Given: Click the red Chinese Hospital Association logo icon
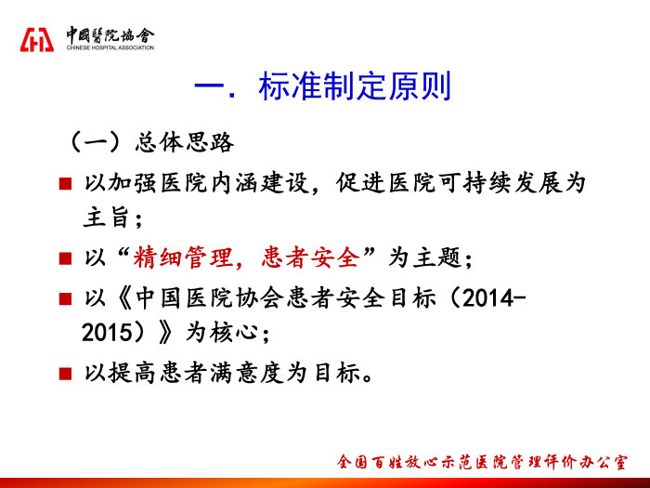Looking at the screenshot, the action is [x=37, y=40].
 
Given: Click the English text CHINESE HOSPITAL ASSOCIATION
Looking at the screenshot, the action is [x=110, y=47].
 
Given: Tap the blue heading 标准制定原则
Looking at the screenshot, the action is [x=355, y=86].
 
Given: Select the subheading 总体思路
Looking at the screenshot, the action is [x=185, y=143].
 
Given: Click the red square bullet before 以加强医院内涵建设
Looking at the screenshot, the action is [x=66, y=183].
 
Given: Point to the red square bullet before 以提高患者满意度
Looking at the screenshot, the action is [x=66, y=374].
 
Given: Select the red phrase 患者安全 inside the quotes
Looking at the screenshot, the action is [x=311, y=257].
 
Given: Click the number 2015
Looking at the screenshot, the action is [x=107, y=333].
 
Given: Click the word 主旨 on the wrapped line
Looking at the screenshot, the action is [x=106, y=218].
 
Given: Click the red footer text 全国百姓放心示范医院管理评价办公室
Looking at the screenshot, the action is [x=482, y=462].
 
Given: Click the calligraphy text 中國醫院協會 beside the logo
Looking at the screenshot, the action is [x=110, y=35].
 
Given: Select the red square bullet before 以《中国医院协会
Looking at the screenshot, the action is [x=66, y=298].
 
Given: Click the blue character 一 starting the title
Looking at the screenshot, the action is [x=209, y=86].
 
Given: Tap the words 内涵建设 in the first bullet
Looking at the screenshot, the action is [x=260, y=183].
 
